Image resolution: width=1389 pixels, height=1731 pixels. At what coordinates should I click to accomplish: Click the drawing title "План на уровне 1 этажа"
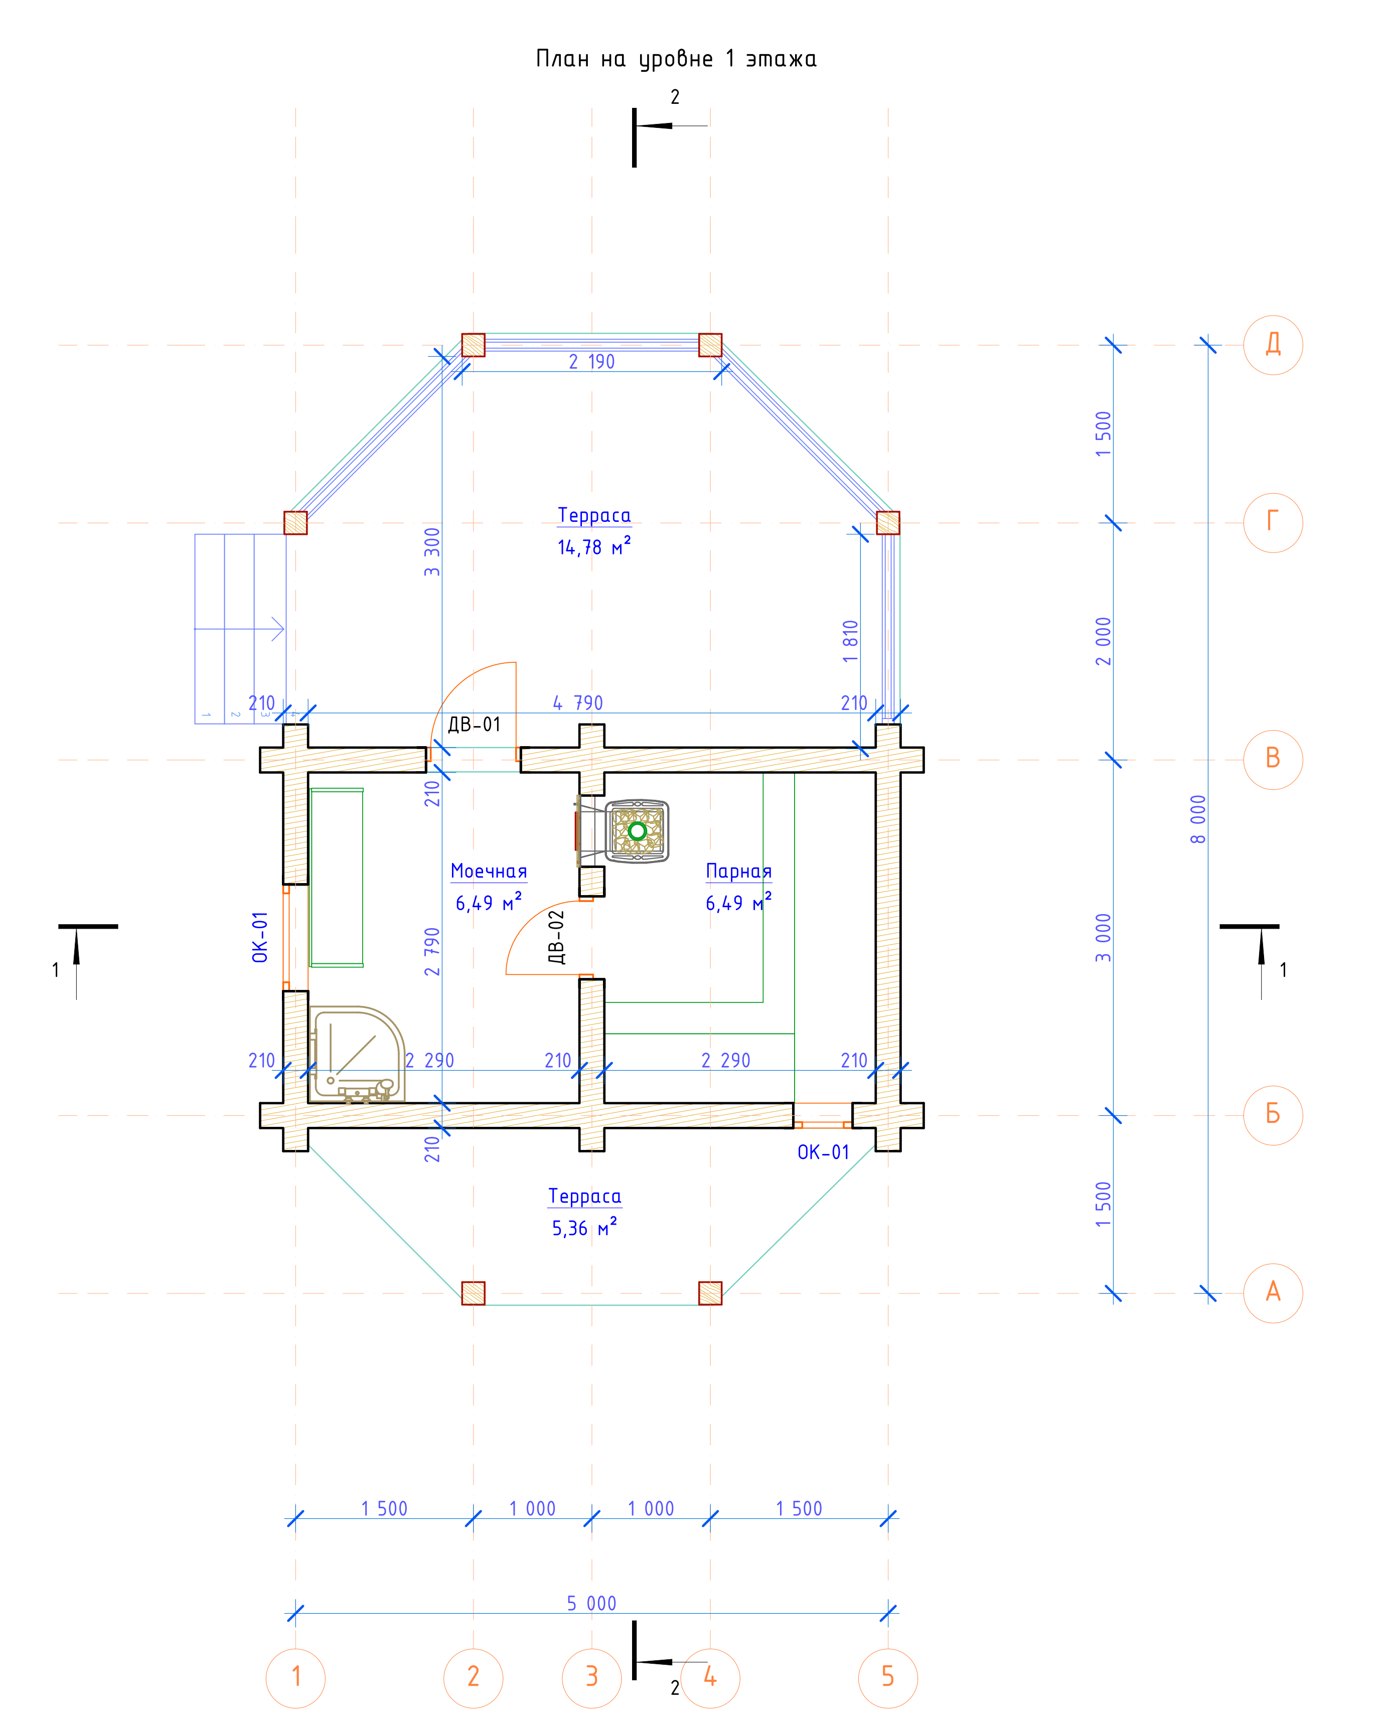coord(676,59)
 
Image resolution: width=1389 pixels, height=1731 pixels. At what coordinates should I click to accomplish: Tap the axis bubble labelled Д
coord(1273,345)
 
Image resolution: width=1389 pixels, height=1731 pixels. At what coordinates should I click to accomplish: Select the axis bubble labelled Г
coord(1273,523)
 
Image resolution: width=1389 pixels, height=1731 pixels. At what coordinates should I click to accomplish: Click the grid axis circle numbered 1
coord(295,1677)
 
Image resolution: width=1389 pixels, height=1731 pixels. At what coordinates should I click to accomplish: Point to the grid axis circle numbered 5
coord(888,1677)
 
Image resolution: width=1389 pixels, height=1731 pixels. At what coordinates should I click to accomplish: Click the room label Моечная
coord(489,871)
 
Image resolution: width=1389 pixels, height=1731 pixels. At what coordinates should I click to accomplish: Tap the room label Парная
coord(739,871)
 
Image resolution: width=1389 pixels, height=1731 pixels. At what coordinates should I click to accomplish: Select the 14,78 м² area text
coord(594,547)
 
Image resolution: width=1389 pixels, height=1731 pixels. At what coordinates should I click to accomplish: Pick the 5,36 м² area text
coord(584,1228)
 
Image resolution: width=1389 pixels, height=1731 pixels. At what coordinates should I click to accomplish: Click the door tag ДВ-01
coord(474,724)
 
